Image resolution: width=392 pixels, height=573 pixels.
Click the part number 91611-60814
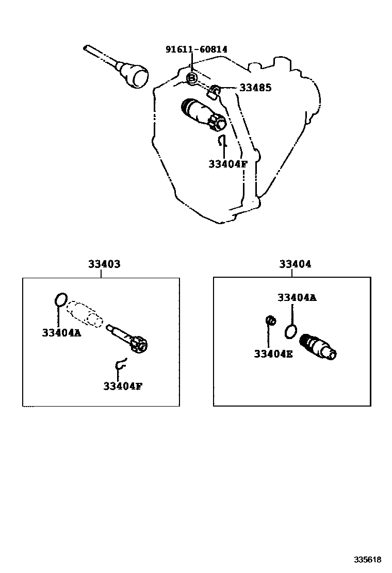click(x=196, y=49)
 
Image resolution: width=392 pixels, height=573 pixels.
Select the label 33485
click(x=255, y=88)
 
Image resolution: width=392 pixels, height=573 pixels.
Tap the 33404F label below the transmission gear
click(x=228, y=164)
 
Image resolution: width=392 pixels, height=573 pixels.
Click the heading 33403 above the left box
click(x=104, y=264)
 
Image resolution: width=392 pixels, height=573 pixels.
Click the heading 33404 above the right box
click(x=295, y=264)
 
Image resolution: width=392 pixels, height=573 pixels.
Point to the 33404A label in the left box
click(x=61, y=332)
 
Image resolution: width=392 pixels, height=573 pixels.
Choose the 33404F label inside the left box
click(x=122, y=386)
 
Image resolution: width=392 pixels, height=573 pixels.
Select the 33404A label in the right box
click(x=297, y=297)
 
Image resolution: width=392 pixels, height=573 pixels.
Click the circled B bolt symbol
click(x=191, y=78)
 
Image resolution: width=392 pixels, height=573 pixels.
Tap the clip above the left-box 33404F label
click(x=120, y=364)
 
